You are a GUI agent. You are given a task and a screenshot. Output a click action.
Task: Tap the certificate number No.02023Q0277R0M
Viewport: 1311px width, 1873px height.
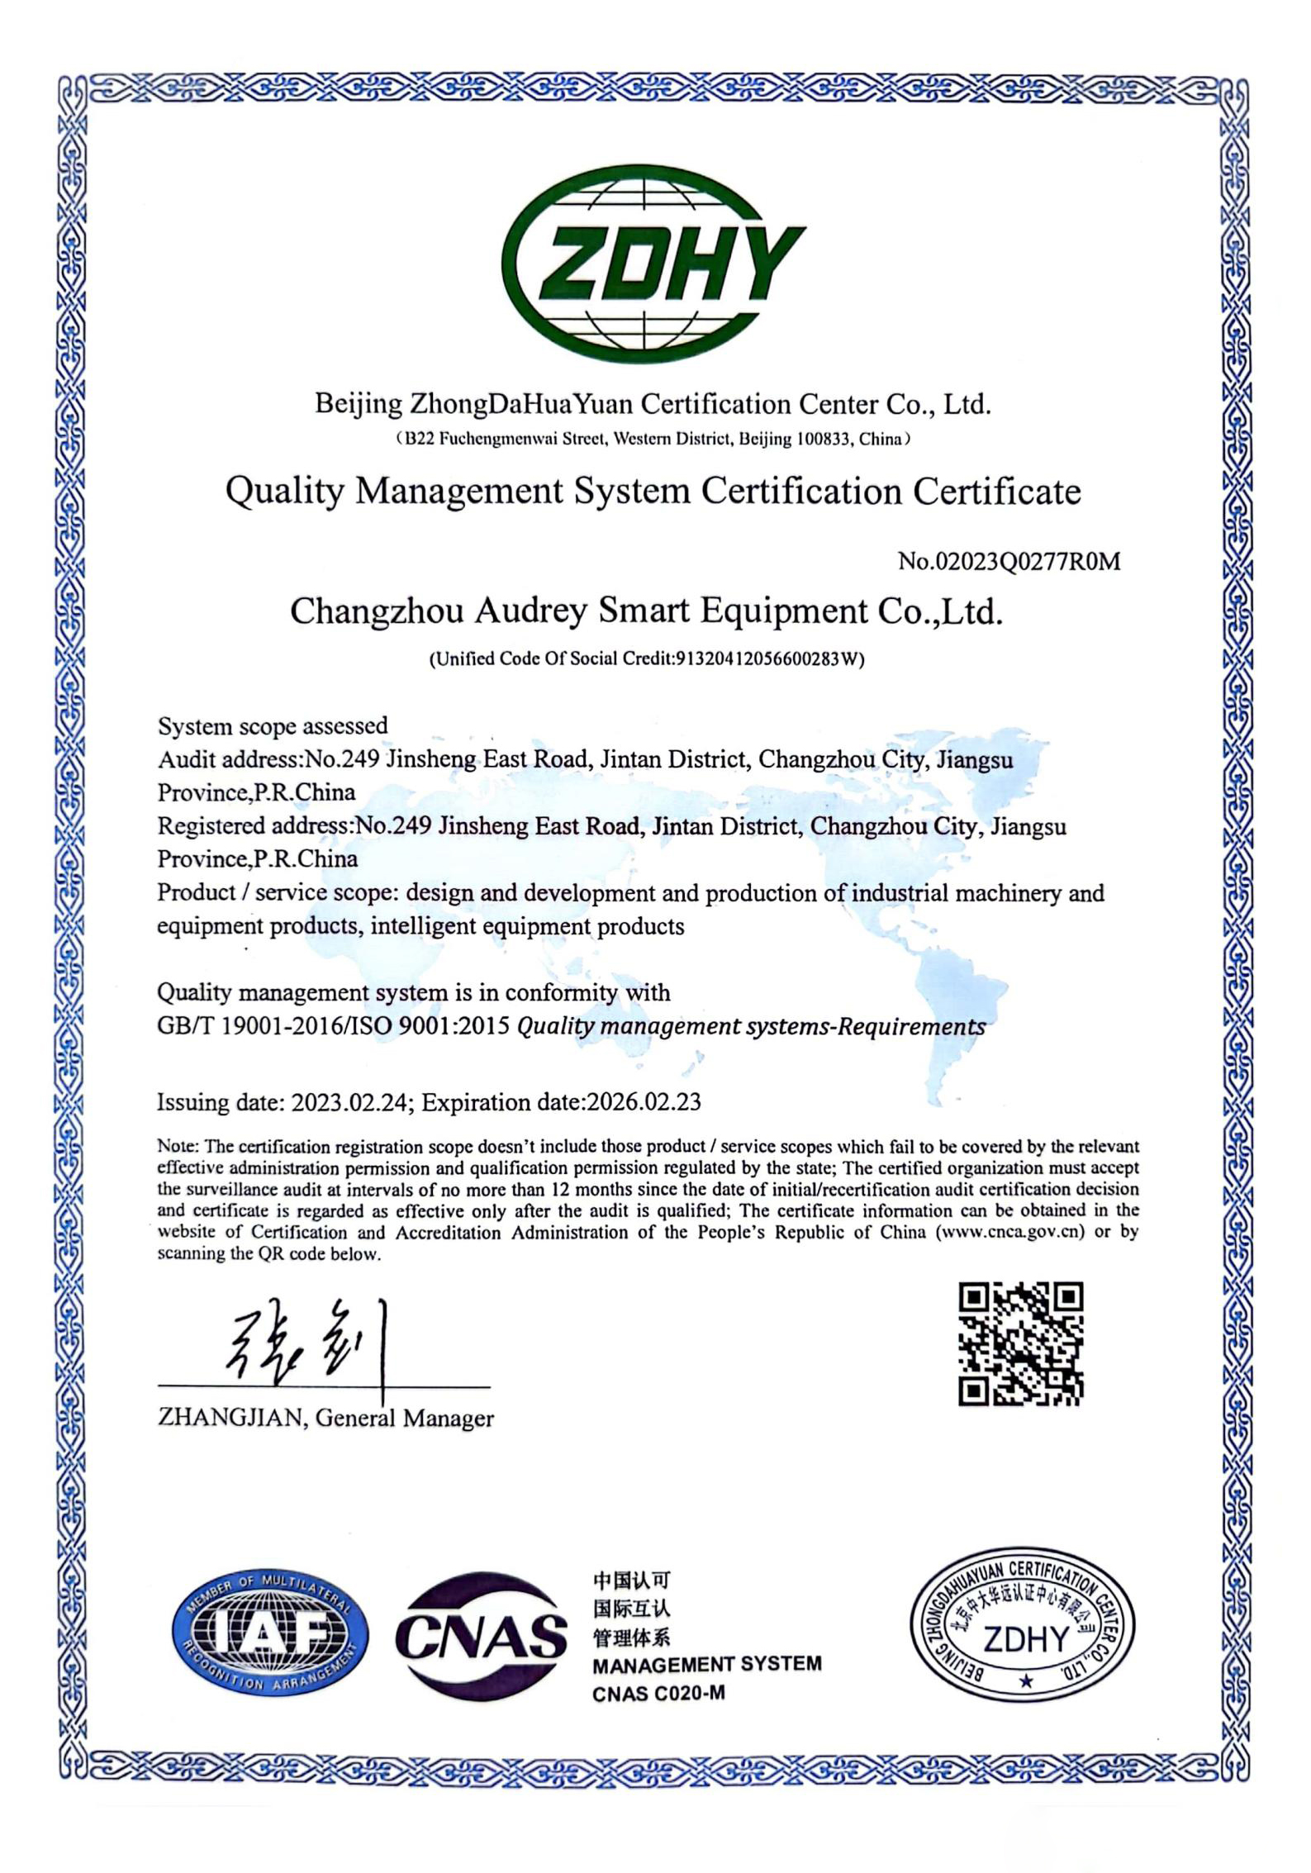(x=1009, y=562)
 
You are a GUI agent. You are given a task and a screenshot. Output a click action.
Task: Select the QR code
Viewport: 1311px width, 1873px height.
(x=1020, y=1343)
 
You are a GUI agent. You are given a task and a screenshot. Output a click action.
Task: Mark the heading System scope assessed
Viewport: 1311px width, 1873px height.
(x=273, y=726)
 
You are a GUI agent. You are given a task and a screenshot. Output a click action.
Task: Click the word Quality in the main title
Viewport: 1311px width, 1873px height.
(x=284, y=492)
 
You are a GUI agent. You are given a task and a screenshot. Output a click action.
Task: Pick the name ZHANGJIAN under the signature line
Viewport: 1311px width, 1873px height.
(x=231, y=1419)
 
